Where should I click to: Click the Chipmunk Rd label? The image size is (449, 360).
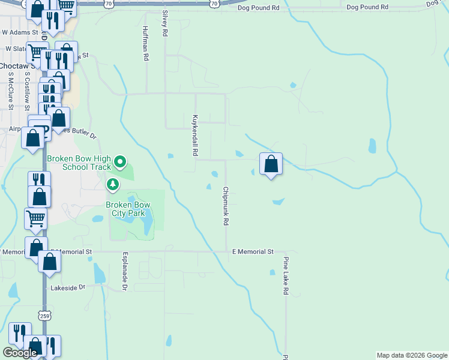click(226, 206)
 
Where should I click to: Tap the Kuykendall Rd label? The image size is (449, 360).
click(195, 136)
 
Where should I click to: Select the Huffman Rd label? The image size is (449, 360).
click(145, 43)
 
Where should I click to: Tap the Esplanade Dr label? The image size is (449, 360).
click(125, 271)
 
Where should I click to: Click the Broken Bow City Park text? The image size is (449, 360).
click(128, 209)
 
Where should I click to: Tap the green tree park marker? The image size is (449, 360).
click(112, 184)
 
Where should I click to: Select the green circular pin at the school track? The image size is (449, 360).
click(120, 161)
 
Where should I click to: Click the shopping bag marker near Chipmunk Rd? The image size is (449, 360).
click(271, 163)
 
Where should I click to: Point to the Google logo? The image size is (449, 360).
click(20, 353)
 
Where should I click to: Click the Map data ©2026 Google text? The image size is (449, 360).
click(411, 355)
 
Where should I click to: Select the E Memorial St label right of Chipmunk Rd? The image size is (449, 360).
click(253, 252)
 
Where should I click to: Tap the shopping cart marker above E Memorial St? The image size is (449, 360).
click(35, 218)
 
